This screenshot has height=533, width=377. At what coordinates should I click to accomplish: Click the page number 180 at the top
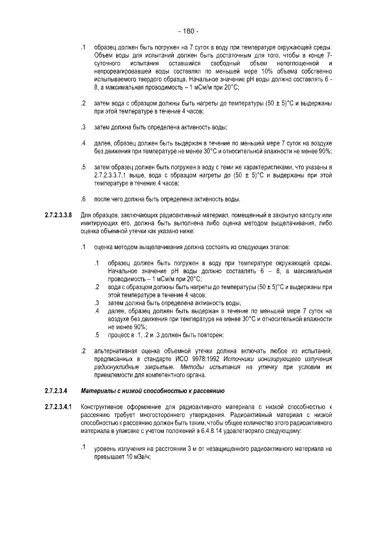pos(188,31)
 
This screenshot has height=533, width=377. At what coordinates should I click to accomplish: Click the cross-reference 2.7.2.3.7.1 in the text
pos(113,175)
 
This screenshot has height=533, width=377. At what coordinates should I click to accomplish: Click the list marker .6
pos(84,198)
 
